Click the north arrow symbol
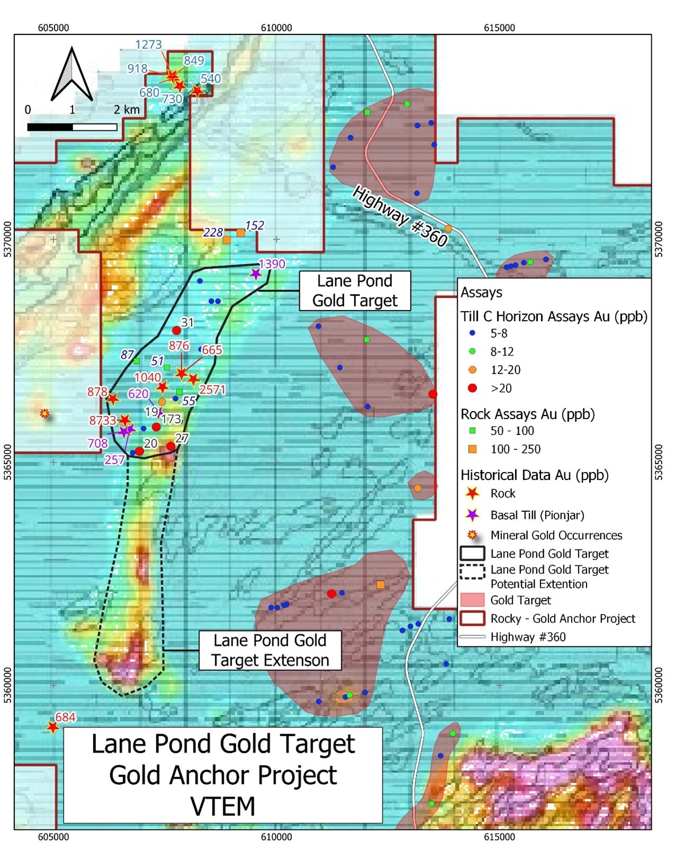[x=72, y=75]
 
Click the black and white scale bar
[x=72, y=127]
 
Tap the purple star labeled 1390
[x=256, y=274]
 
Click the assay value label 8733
[x=102, y=420]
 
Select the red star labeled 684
[x=52, y=727]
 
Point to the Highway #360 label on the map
[x=400, y=216]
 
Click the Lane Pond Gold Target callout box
[x=354, y=290]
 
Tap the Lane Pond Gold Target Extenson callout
[x=270, y=650]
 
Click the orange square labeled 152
[x=241, y=233]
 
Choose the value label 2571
[x=212, y=389]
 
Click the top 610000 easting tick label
[x=276, y=28]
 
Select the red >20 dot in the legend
[x=473, y=388]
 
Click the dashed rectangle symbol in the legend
[x=472, y=572]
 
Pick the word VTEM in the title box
[x=223, y=806]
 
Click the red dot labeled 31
[x=176, y=330]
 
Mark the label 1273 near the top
[x=148, y=45]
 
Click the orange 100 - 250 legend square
[x=473, y=449]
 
